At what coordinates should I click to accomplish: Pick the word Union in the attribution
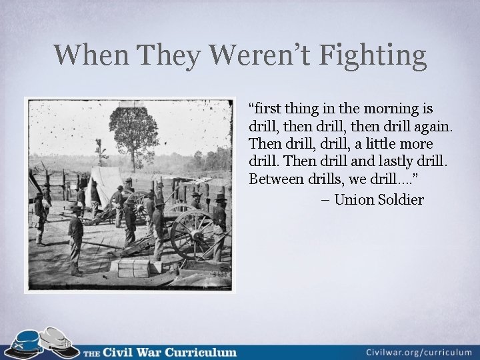click(354, 199)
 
